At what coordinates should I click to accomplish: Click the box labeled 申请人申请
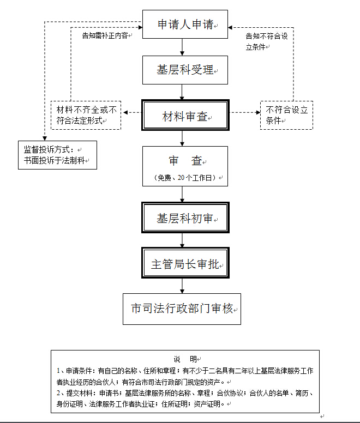pos(185,25)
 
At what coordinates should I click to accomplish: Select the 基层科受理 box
pos(185,70)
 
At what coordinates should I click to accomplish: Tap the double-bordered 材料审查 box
pos(185,116)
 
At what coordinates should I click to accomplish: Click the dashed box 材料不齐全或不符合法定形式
pos(86,114)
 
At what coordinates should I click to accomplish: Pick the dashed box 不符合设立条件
pos(286,114)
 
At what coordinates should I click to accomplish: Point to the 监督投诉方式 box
pos(57,155)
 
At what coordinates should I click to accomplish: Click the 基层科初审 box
pos(185,219)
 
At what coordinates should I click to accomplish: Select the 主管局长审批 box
pos(185,264)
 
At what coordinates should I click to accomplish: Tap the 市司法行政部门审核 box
pos(182,309)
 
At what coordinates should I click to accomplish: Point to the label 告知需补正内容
pos(105,36)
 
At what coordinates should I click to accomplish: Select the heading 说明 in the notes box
pos(185,359)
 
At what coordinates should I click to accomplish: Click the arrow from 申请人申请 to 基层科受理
pos(182,47)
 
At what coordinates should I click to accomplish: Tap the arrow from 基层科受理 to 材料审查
pos(182,92)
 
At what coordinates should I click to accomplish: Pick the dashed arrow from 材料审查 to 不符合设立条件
pos(244,113)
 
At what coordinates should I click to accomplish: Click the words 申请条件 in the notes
pos(80,370)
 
